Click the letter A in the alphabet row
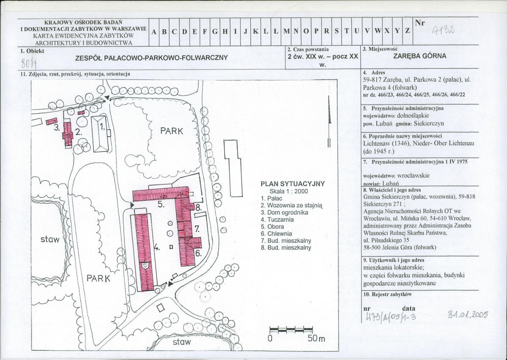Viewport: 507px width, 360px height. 154,32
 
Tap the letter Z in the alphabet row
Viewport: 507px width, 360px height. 407,31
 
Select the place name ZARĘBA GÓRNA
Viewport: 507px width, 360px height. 420,56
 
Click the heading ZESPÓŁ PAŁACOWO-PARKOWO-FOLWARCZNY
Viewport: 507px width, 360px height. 152,58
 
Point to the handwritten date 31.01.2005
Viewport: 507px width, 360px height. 468,314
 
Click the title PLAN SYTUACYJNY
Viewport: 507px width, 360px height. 293,184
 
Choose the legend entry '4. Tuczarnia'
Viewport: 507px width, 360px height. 277,220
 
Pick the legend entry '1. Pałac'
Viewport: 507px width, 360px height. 271,198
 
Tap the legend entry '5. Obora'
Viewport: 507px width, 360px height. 272,227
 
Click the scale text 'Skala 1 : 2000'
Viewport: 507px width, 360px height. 289,191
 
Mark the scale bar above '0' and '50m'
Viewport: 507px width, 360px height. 291,330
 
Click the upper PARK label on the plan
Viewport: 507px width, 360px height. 172,131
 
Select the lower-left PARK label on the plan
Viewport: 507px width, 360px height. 98,278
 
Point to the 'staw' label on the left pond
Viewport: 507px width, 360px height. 50,239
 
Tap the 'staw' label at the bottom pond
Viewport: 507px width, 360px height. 182,342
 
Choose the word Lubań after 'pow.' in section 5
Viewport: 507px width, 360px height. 384,124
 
